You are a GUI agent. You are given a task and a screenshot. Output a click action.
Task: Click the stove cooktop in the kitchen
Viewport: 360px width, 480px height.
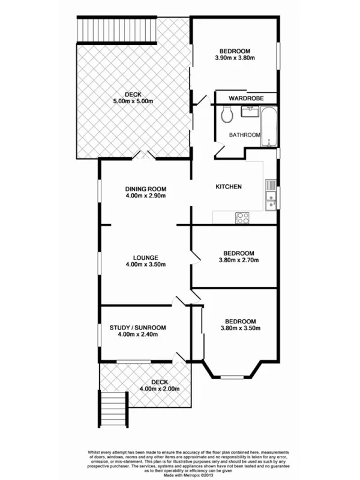tap(243, 218)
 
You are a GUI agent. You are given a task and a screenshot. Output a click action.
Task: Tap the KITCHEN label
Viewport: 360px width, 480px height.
tap(229, 187)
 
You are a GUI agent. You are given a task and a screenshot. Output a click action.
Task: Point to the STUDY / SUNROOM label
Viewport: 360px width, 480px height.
tap(137, 328)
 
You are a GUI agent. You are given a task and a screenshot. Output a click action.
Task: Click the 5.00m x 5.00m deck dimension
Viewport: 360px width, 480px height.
tap(133, 102)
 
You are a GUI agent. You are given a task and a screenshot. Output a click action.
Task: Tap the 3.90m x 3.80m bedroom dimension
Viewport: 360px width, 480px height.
tap(235, 58)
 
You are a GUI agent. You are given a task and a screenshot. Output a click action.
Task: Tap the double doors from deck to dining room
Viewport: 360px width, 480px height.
tap(145, 155)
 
